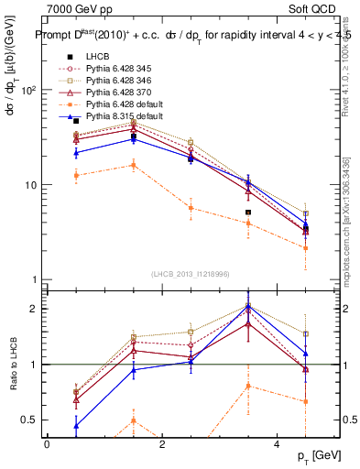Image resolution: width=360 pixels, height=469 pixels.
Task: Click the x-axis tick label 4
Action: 278,443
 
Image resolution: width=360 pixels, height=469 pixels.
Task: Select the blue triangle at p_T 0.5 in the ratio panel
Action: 76,426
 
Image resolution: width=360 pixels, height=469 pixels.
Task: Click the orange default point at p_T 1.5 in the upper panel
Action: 134,165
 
